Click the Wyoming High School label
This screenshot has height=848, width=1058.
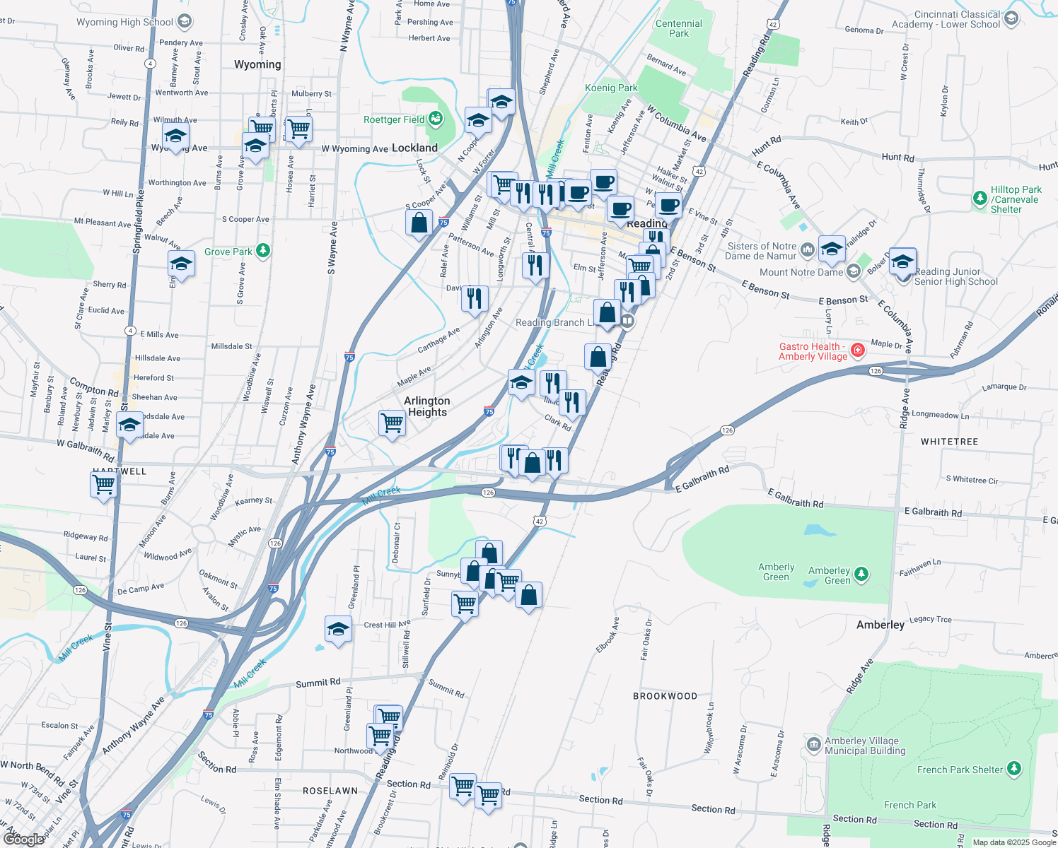point(124,22)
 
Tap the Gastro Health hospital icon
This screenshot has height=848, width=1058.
point(858,350)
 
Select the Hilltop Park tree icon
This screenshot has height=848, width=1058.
point(979,198)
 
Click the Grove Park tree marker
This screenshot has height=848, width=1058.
point(263,251)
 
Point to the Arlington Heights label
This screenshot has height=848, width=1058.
point(427,406)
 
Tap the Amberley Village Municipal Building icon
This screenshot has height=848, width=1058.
point(813,745)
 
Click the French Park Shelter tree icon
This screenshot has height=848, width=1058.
point(1014,769)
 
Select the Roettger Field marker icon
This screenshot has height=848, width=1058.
point(436,119)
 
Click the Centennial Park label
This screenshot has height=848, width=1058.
point(678,28)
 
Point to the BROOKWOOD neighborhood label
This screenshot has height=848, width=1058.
point(665,696)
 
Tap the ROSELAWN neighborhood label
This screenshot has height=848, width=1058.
point(330,791)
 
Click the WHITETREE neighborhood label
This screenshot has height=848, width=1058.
point(949,442)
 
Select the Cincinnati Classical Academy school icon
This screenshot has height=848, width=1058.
point(1011,19)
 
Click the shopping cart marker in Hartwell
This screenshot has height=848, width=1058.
point(104,485)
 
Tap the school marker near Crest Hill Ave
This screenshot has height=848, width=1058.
point(338,628)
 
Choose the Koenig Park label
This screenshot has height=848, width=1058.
point(611,88)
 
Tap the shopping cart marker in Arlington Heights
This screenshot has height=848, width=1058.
point(392,423)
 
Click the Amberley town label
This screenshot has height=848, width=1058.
point(880,625)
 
